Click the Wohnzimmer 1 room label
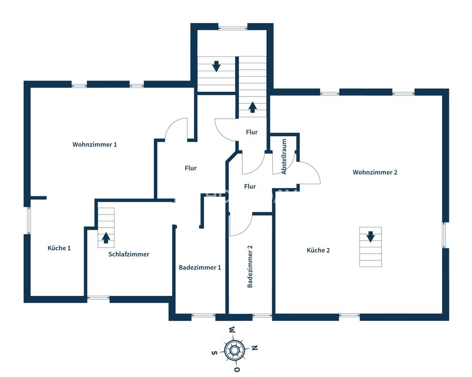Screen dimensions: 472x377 click(94, 145)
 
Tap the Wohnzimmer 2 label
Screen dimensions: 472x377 click(375, 172)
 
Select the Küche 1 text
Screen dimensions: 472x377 click(59, 248)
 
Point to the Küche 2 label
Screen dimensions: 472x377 click(318, 250)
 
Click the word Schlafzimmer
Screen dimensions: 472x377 click(129, 254)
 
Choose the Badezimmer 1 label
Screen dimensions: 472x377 click(200, 268)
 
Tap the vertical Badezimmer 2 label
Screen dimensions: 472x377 click(250, 267)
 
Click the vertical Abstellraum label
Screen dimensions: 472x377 click(284, 156)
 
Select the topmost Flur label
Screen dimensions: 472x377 click(252, 132)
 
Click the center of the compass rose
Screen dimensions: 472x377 click(234, 350)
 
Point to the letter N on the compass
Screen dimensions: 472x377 click(255, 348)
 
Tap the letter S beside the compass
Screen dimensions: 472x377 click(214, 352)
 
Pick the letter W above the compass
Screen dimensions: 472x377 click(232, 329)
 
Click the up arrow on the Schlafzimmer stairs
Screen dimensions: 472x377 click(105, 238)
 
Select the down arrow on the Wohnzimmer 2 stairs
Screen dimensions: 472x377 click(370, 237)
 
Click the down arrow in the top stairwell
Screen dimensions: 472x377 click(216, 66)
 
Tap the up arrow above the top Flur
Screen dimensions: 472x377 click(252, 108)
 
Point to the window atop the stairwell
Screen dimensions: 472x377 click(233, 28)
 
